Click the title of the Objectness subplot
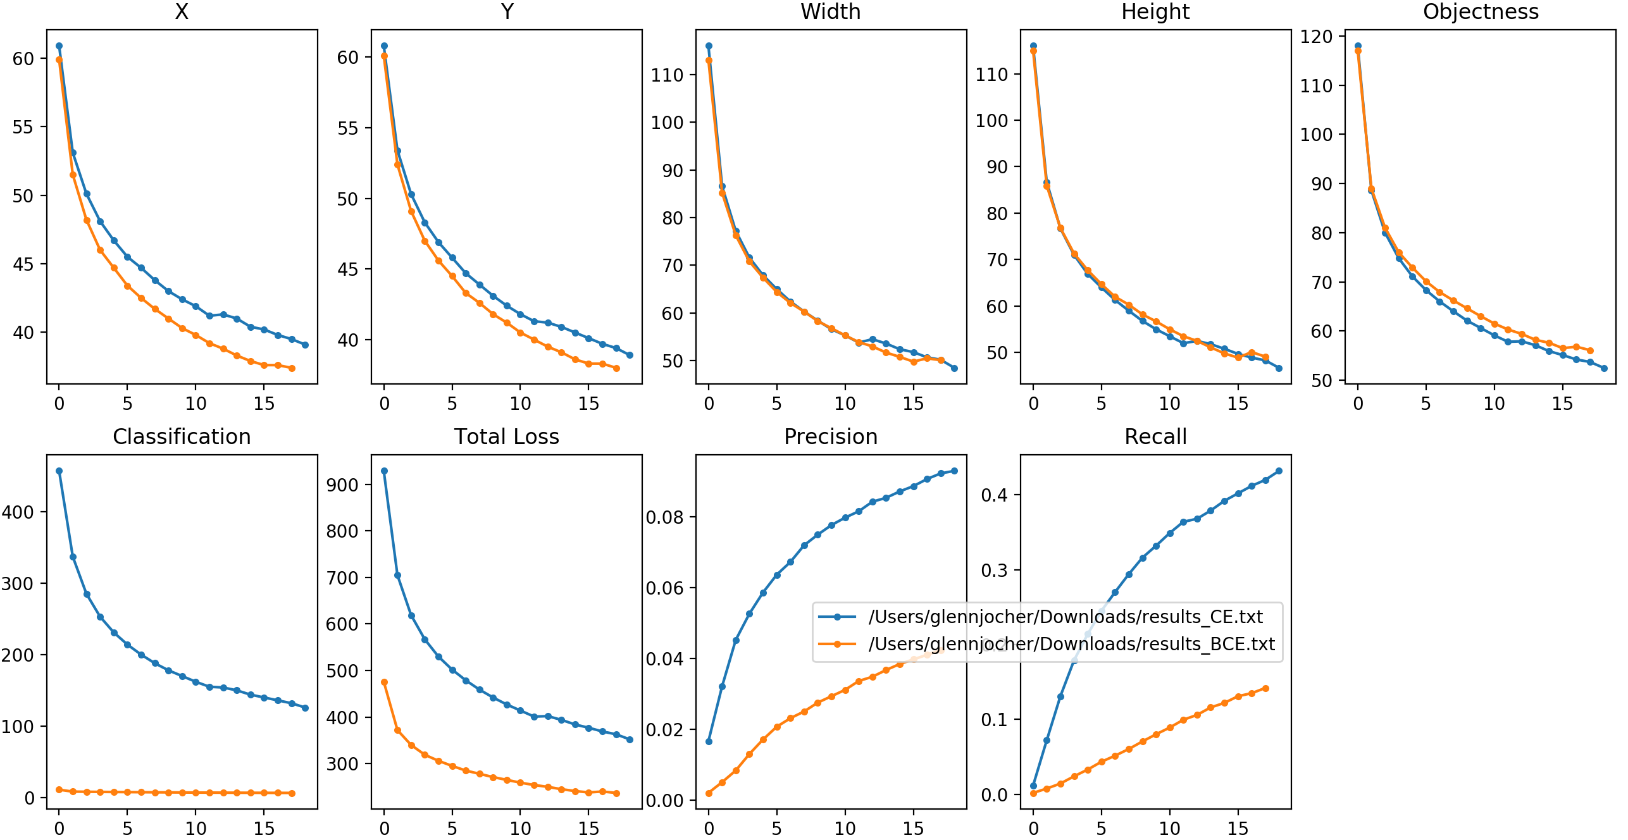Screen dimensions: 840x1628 pyautogui.click(x=1481, y=12)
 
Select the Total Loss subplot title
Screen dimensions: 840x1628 pyautogui.click(x=506, y=437)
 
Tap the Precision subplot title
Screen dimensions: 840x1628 pyautogui.click(x=831, y=437)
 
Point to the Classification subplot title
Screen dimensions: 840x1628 pyautogui.click(x=182, y=437)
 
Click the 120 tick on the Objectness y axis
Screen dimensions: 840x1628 pyautogui.click(x=1316, y=37)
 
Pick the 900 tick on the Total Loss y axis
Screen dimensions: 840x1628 pyautogui.click(x=342, y=485)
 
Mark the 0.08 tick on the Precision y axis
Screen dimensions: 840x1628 pyautogui.click(x=664, y=517)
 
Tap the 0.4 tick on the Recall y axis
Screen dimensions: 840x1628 pyautogui.click(x=994, y=495)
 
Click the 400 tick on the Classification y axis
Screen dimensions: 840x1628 pyautogui.click(x=18, y=512)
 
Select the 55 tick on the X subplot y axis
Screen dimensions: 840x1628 pyautogui.click(x=23, y=127)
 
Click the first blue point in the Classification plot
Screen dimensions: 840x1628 pyautogui.click(x=59, y=471)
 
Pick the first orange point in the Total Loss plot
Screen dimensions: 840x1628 pyautogui.click(x=384, y=682)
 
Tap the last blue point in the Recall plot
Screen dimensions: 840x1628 pyautogui.click(x=1279, y=471)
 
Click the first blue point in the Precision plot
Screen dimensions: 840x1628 pyautogui.click(x=709, y=741)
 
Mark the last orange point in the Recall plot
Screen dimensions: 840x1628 pyautogui.click(x=1265, y=688)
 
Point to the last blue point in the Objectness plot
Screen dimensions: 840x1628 pyautogui.click(x=1604, y=368)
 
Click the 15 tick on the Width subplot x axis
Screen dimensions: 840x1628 pyautogui.click(x=913, y=404)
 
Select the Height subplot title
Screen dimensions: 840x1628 pyautogui.click(x=1155, y=12)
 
